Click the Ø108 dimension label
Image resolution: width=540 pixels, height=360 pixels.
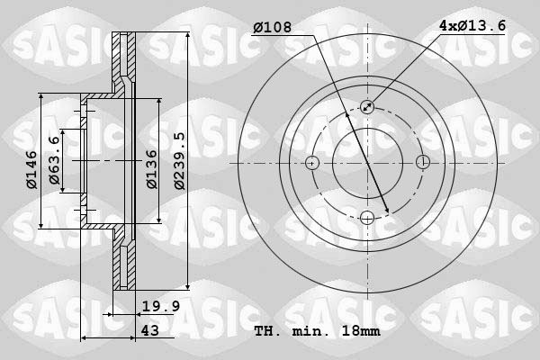273,28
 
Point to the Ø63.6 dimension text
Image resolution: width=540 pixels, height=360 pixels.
55,162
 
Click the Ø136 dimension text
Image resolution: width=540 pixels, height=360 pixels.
152,167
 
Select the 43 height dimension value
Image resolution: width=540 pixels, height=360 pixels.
150,331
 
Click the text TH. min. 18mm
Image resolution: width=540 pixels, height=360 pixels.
316,331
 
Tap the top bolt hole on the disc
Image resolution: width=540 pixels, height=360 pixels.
367,107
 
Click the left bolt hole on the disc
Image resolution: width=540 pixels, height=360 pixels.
312,163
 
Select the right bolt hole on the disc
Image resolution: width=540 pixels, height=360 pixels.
423,163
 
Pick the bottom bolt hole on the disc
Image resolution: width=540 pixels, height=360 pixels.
367,218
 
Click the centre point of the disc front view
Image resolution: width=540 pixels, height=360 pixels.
367,163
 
